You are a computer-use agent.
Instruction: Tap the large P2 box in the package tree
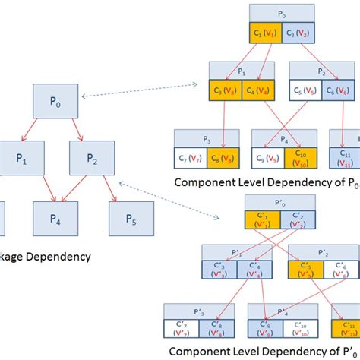pyautogui.click(x=93, y=159)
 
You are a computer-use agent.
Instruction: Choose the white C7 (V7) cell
pyautogui.click(x=193, y=157)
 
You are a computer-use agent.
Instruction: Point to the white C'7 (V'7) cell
pyautogui.click(x=182, y=330)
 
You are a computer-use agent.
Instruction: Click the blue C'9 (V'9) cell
pyautogui.click(x=263, y=330)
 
